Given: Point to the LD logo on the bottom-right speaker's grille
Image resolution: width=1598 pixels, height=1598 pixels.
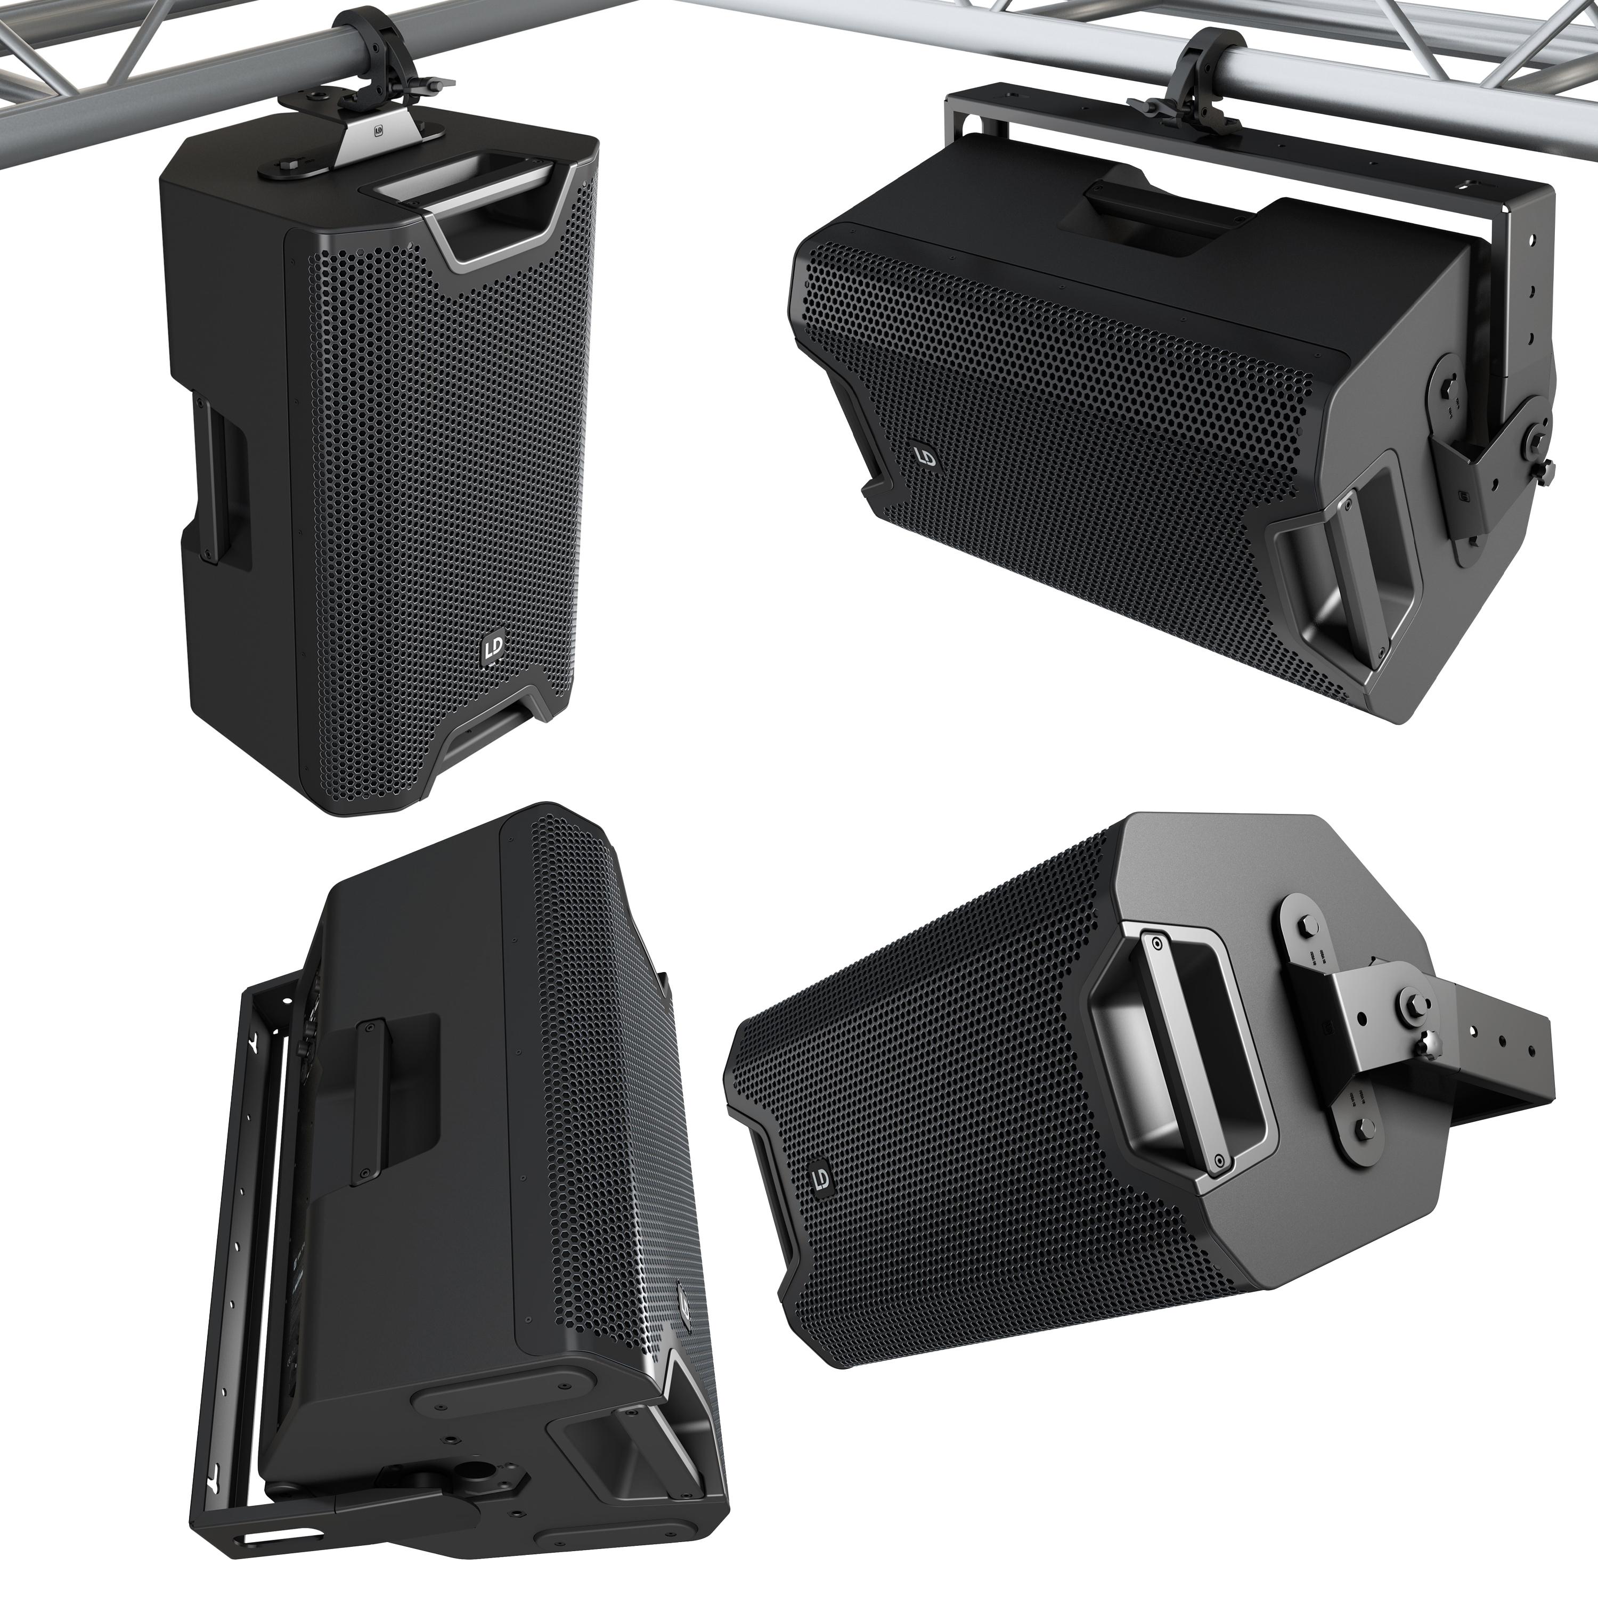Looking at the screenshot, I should pos(822,1181).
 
